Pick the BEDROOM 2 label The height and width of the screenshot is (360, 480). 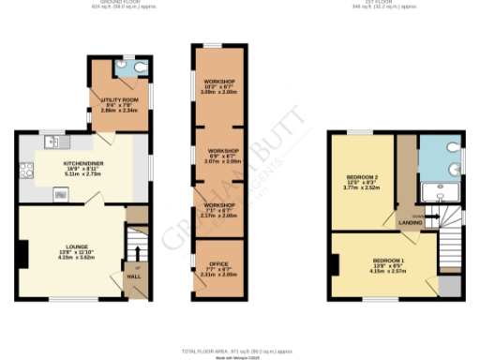(x=363, y=177)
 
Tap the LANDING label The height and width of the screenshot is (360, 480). (x=410, y=223)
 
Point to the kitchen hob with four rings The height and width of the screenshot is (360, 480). (x=61, y=194)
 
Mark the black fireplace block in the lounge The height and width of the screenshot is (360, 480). (x=23, y=252)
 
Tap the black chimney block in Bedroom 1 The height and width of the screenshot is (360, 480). (x=335, y=262)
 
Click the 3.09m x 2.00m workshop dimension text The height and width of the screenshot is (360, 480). (x=221, y=93)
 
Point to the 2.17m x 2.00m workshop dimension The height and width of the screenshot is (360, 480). (x=221, y=216)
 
